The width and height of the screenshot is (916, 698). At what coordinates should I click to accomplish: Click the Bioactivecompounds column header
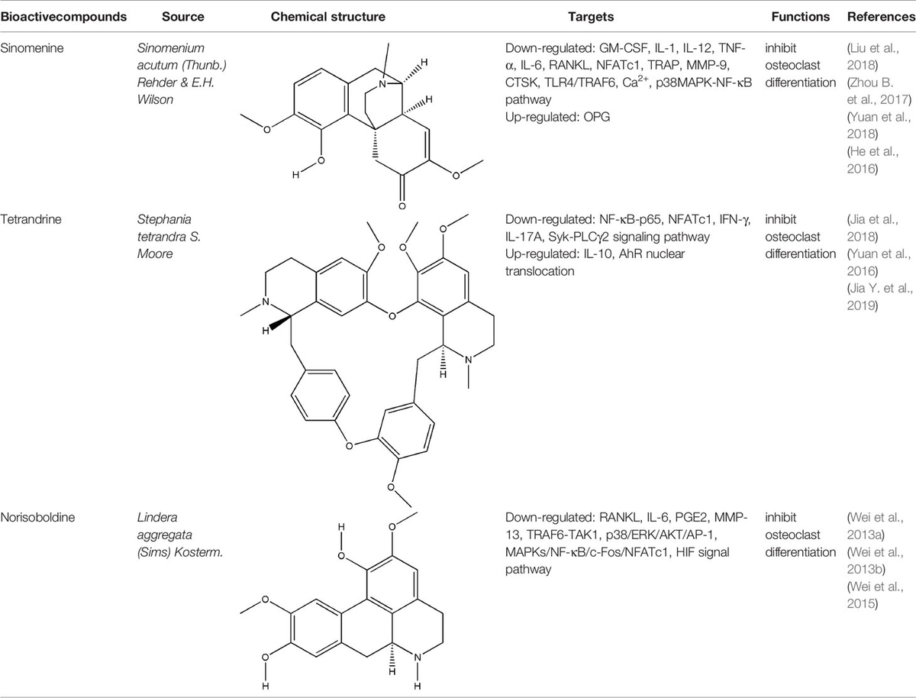coord(63,17)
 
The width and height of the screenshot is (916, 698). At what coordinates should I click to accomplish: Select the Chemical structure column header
coord(327,17)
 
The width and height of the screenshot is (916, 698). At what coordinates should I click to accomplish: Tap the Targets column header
coord(591,17)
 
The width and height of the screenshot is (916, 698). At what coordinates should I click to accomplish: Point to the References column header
coord(881,17)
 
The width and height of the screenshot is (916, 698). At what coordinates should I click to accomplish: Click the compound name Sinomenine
coord(32,48)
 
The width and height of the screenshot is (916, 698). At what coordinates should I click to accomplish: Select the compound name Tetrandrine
coord(31,220)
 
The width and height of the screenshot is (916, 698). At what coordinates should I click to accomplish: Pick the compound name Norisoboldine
coord(37,518)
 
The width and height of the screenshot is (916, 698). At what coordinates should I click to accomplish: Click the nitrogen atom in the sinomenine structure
coord(382,84)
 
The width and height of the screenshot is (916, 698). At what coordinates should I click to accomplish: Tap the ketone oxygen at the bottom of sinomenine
coord(402,205)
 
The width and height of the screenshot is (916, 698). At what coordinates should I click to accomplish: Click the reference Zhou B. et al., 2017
coord(879,92)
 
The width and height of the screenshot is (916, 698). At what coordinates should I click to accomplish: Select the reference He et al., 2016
coord(872,160)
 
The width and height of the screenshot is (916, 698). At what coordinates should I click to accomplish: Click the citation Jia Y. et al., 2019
coord(879,297)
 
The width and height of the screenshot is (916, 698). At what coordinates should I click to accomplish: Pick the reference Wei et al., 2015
coord(875,595)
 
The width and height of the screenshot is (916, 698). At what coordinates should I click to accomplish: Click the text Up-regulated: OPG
coord(557,117)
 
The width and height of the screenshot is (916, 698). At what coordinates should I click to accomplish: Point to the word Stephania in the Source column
coord(164,220)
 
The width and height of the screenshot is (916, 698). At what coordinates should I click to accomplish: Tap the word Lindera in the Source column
coord(157,518)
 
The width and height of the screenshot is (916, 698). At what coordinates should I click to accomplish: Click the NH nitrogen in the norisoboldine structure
coord(418,658)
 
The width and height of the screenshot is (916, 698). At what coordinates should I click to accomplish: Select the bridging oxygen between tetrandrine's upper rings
coord(392,316)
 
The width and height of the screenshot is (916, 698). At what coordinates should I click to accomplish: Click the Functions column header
coord(801,17)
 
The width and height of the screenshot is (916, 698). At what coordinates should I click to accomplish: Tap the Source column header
coord(182,17)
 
